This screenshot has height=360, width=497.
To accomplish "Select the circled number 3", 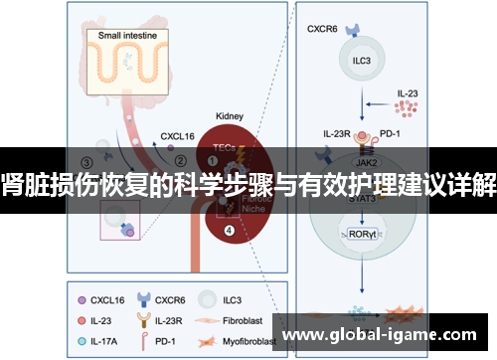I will coord(87,161).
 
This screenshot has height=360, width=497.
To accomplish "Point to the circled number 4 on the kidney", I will coord(230,232).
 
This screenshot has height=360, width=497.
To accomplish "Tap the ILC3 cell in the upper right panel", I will coord(361,59).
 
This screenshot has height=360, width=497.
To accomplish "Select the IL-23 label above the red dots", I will coord(408,91).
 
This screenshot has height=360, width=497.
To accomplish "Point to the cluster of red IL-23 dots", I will coord(408,104).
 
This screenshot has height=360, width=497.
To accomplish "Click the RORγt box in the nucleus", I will coord(362,236).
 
